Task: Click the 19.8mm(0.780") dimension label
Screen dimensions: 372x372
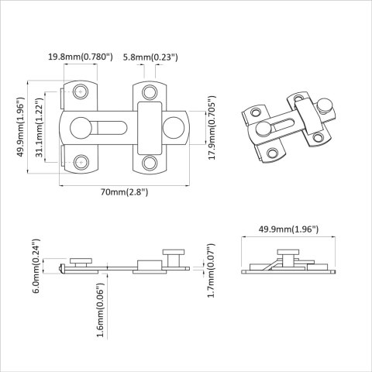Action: tap(80, 57)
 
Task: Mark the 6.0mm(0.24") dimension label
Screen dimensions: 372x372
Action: tap(36, 259)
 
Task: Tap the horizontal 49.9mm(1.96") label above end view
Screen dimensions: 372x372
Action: tap(287, 229)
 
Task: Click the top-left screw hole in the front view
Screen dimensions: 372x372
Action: tap(80, 93)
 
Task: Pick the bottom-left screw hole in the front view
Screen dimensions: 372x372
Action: tap(80, 161)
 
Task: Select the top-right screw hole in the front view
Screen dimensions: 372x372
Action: tap(150, 93)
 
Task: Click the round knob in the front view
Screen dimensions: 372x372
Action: tap(81, 127)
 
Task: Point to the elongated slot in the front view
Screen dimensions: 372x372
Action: tap(108, 127)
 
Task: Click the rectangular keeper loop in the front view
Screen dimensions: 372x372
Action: tap(149, 126)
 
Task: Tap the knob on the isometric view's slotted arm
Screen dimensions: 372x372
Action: tap(265, 130)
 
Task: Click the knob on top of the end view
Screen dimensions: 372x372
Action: tap(288, 253)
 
